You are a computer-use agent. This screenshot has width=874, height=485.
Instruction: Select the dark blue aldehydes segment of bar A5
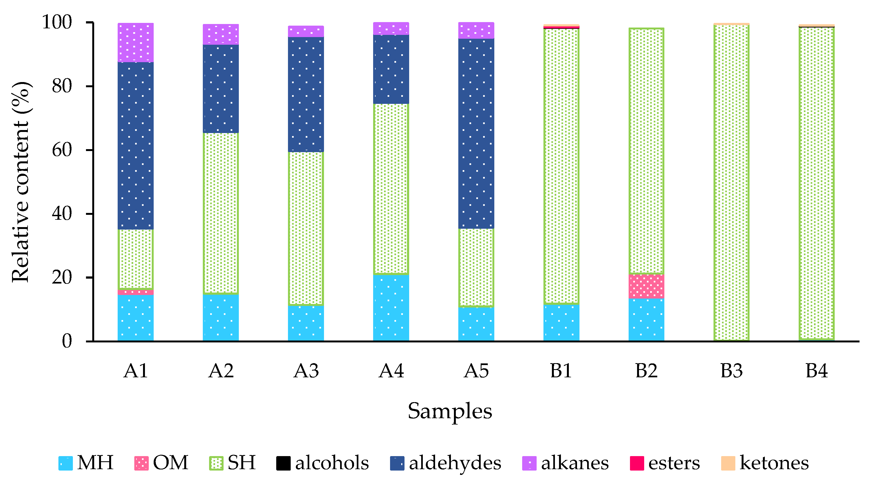pyautogui.click(x=476, y=134)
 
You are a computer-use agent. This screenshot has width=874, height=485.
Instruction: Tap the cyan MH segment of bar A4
pyautogui.click(x=391, y=308)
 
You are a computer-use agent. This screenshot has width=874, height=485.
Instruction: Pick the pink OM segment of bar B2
pyautogui.click(x=646, y=286)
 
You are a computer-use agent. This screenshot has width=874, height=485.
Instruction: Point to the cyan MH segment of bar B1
pyautogui.click(x=561, y=322)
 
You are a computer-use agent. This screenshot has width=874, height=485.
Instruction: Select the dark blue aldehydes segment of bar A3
pyautogui.click(x=306, y=94)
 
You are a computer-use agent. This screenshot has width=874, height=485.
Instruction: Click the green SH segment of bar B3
pyautogui.click(x=731, y=182)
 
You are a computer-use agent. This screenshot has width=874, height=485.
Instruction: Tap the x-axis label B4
pyautogui.click(x=816, y=371)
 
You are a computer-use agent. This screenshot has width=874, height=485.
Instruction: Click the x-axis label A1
pyautogui.click(x=135, y=371)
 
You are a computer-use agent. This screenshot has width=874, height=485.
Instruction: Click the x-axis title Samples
pyautogui.click(x=450, y=411)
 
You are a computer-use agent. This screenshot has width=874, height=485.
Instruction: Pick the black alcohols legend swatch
pyautogui.click(x=283, y=463)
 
